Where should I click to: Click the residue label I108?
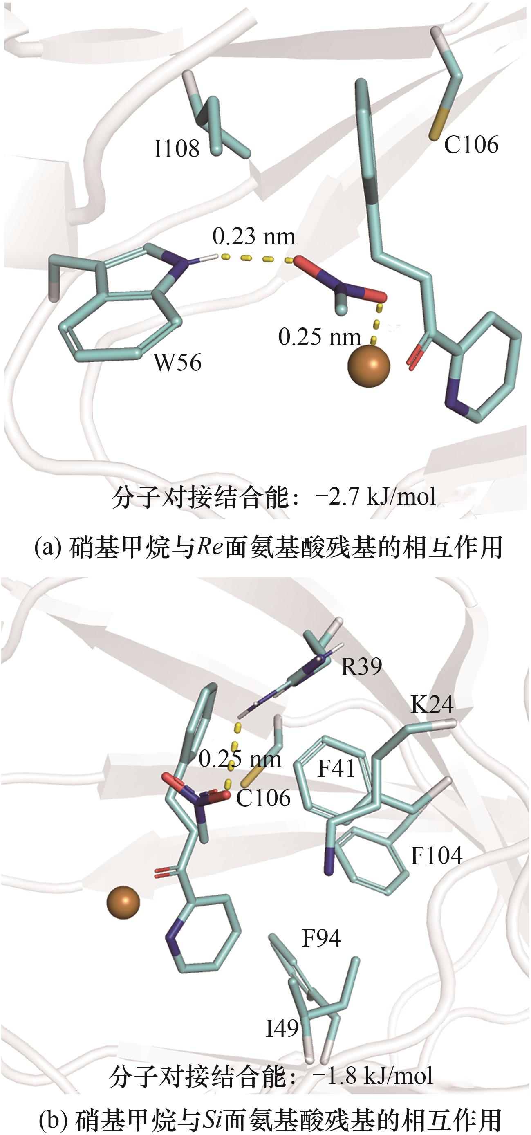point(177,148)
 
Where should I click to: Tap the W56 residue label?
point(177,362)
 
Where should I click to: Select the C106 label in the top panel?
point(471,144)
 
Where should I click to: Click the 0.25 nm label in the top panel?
point(320,337)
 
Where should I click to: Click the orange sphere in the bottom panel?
point(123,902)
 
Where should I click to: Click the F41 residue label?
point(336,769)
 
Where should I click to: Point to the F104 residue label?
point(436,855)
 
